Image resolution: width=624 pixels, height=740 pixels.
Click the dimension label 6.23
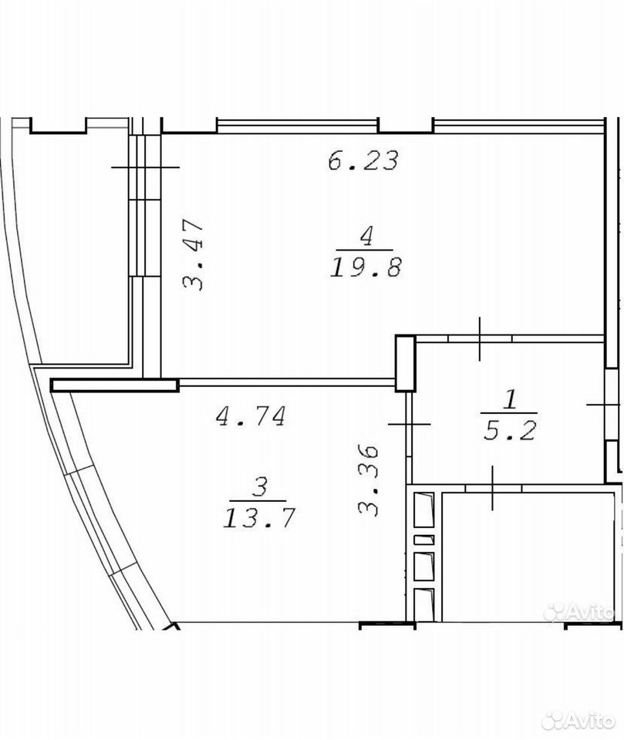pos(363,160)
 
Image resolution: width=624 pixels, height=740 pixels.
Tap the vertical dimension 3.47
pos(193,254)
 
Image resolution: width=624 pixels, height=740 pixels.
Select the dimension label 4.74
pos(251,416)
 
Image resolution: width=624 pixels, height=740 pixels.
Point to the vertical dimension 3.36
pos(369,479)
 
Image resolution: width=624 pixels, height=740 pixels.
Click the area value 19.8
pos(366,268)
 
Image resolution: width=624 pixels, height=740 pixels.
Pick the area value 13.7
pos(259,518)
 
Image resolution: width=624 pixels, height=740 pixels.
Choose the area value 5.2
pos(510,430)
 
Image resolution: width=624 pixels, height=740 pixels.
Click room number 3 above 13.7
pos(260,487)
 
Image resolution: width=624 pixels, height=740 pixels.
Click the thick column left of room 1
pos(405,363)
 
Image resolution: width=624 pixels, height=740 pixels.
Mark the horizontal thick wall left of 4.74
pos(114,385)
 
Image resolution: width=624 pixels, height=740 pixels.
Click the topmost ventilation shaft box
pos(423,510)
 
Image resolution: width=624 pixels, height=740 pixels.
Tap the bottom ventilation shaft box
pos(423,604)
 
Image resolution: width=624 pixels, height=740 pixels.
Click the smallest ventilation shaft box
pos(423,540)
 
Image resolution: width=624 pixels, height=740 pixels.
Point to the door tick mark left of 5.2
pos(409,425)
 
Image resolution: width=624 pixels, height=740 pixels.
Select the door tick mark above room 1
pos(480,338)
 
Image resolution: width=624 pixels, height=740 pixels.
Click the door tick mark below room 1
pos(493,488)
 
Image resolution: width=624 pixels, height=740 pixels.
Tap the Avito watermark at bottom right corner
pos(578,721)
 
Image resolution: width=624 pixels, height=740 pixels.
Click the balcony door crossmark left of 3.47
pos(146,167)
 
